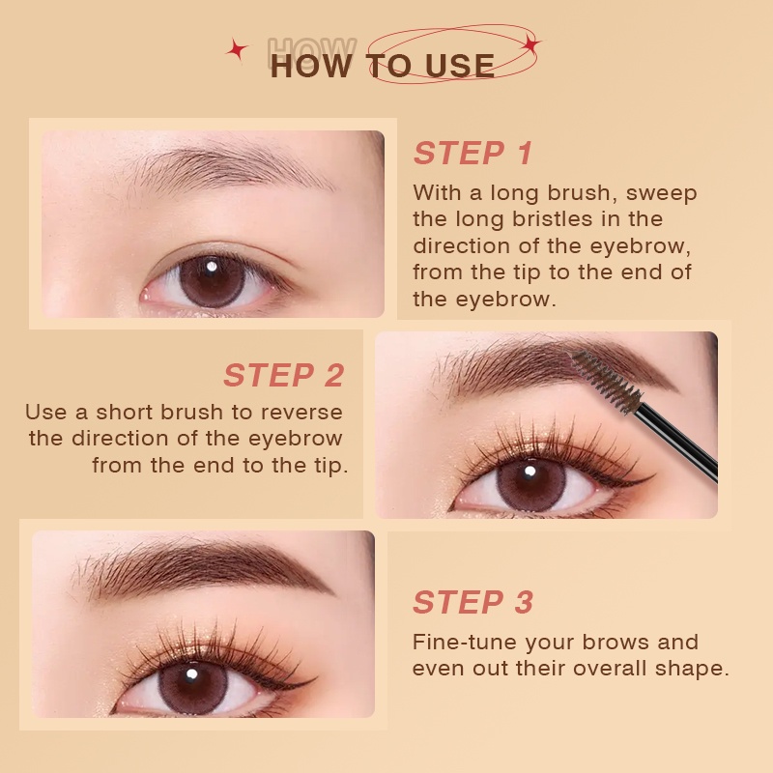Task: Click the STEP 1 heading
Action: tap(472, 153)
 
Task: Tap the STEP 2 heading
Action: tap(283, 375)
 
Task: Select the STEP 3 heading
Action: tap(472, 602)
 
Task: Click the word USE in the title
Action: tap(457, 67)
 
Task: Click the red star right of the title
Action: tap(530, 43)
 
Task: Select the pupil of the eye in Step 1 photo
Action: tap(212, 280)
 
